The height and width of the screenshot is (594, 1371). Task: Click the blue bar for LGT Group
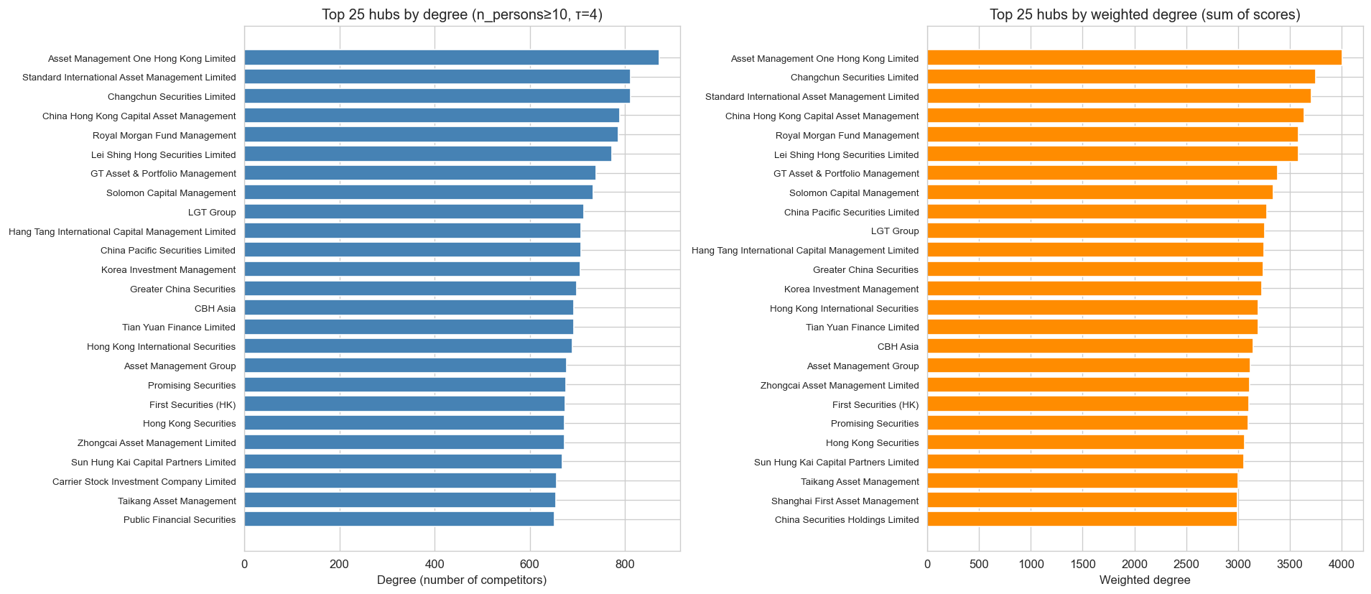[414, 212]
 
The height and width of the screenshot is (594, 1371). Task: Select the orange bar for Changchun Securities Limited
[1120, 77]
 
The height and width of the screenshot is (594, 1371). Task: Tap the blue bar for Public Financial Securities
[399, 519]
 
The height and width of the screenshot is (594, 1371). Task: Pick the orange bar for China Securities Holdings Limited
[1082, 519]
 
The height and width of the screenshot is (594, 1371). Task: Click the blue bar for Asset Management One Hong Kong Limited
[451, 58]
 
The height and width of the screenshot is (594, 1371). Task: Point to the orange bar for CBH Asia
[1089, 346]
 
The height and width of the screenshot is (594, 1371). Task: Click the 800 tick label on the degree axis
[625, 565]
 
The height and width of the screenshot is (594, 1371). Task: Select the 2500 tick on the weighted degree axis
[1186, 565]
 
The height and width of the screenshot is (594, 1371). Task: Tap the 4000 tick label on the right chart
[1341, 565]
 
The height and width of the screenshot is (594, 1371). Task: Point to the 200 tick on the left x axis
[340, 565]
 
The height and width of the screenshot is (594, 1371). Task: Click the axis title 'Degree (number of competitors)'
[462, 580]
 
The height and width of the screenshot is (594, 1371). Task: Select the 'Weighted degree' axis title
[1145, 580]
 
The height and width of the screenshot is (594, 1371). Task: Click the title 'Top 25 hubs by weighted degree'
[1145, 14]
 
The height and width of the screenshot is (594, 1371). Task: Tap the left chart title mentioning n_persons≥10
[462, 14]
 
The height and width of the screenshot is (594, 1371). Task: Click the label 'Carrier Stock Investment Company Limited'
[144, 481]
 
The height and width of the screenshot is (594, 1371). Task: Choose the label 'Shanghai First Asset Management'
[845, 501]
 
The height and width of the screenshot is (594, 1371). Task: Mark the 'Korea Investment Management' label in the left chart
[168, 269]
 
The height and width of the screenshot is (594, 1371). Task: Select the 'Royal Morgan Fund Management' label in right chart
[847, 135]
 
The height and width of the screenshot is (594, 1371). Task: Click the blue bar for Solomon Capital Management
[418, 192]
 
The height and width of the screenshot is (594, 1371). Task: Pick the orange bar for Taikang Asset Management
[1082, 481]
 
